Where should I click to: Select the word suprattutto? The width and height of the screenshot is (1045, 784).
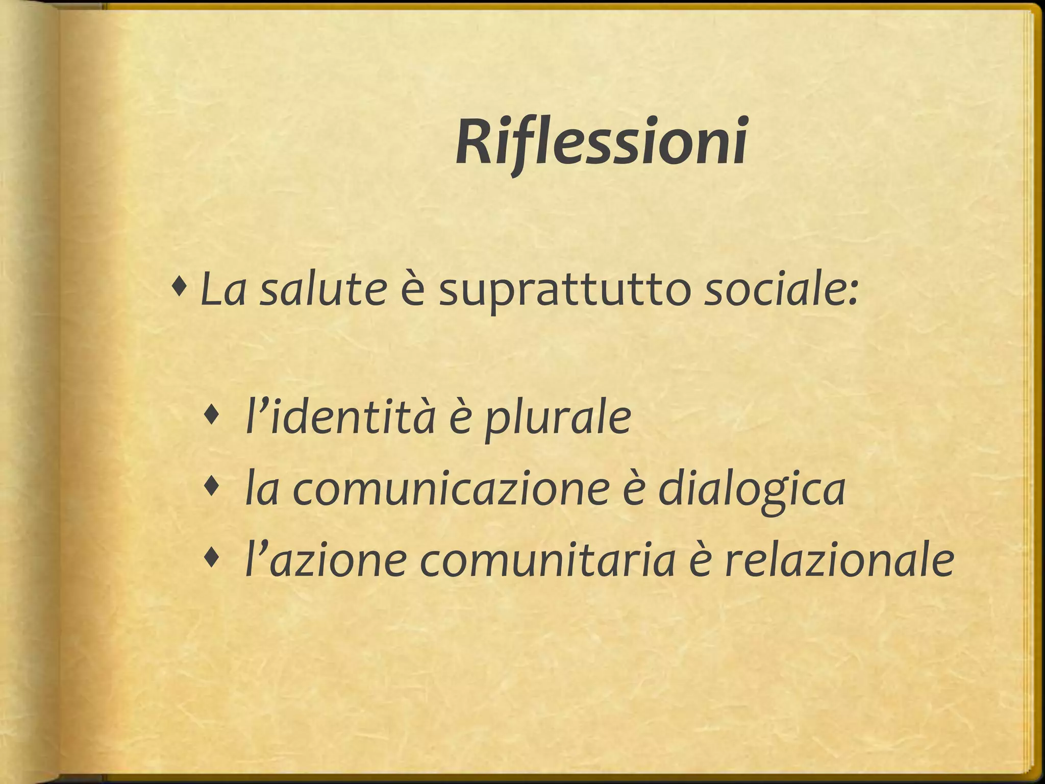point(565,293)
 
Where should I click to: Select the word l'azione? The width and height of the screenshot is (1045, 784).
point(326,561)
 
